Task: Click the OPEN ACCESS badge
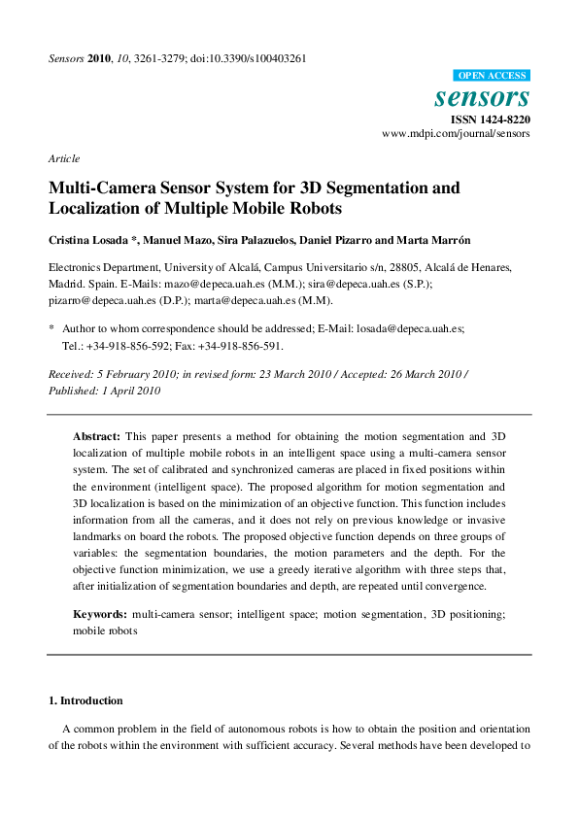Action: (492, 76)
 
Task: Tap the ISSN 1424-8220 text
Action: (490, 119)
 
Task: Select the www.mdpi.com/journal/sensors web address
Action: (456, 134)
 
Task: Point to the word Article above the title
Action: (64, 158)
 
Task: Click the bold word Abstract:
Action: (97, 437)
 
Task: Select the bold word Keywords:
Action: (101, 615)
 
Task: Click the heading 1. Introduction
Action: (85, 700)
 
